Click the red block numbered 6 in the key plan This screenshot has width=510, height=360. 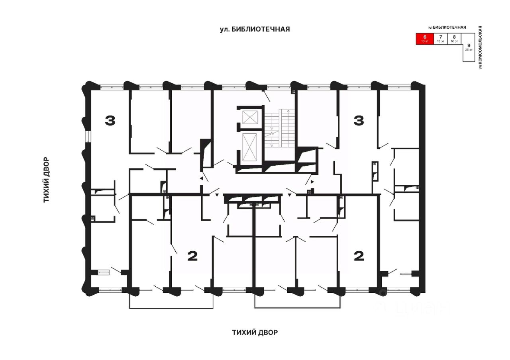pos(425,39)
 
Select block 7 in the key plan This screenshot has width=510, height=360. pos(441,39)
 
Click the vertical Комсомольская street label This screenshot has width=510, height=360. pos(481,47)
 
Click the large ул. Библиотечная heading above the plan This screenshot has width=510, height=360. pos(255,29)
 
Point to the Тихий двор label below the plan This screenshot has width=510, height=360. pos(255,332)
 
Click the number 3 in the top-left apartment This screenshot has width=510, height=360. pos(110,120)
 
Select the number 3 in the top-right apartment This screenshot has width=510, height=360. pos(359,120)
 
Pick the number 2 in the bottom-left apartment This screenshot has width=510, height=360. pos(192,256)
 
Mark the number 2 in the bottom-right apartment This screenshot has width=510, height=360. pos(359,256)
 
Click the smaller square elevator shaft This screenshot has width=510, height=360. pos(250,118)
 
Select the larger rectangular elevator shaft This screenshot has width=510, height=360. pos(250,147)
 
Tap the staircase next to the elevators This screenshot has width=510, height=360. pos(280,128)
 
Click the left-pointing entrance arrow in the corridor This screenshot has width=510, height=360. pos(202,180)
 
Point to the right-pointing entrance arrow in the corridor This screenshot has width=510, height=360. pos(313,182)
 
